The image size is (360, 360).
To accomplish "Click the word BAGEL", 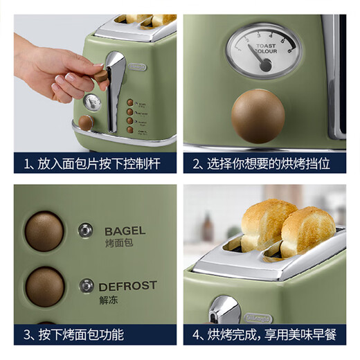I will (x=125, y=231).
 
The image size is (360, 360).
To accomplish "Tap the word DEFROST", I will (x=127, y=285).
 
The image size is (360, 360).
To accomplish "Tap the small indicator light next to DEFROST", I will (x=87, y=285).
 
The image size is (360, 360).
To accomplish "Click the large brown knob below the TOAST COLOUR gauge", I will (x=258, y=115).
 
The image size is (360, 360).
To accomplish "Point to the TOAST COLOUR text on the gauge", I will (x=265, y=48).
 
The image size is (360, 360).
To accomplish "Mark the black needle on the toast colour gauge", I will (x=260, y=60).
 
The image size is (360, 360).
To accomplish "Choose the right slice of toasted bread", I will (x=307, y=231).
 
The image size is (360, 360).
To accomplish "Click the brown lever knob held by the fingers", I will (x=101, y=75).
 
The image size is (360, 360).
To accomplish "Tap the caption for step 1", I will (x=96, y=163).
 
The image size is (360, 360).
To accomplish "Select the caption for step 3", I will (x=96, y=335).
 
